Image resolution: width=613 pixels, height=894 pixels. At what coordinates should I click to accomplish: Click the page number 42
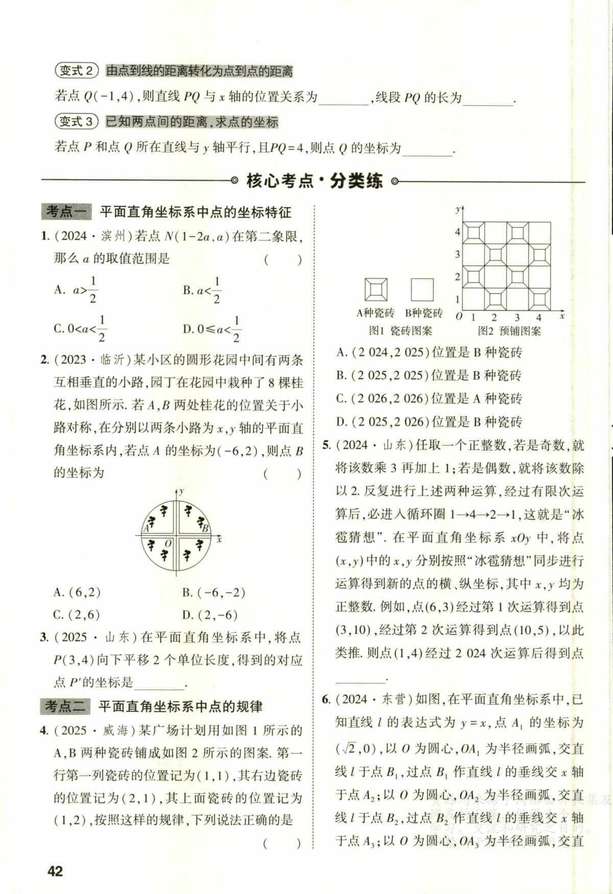click(55, 871)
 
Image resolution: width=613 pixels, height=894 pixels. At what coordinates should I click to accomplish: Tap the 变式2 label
click(77, 70)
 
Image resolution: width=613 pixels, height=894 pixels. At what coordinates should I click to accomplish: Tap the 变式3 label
click(77, 122)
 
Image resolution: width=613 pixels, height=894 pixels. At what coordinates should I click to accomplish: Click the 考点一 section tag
click(65, 211)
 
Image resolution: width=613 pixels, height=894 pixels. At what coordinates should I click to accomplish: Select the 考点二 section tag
click(65, 707)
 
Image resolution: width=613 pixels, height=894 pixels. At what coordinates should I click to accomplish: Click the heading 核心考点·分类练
click(314, 180)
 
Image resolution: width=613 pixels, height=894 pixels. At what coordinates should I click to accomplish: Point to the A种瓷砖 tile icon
click(376, 290)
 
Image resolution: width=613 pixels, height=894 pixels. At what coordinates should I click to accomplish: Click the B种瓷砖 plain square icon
click(422, 290)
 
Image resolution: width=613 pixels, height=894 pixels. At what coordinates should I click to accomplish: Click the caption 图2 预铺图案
click(509, 331)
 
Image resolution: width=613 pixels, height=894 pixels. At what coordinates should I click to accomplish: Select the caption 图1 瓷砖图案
click(400, 331)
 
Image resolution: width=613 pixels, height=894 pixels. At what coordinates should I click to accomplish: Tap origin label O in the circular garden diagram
click(168, 544)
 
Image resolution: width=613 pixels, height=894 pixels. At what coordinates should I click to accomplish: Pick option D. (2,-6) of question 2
click(210, 615)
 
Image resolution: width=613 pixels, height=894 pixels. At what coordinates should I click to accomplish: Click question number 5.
click(327, 445)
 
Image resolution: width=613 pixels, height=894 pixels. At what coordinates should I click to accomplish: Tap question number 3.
click(44, 637)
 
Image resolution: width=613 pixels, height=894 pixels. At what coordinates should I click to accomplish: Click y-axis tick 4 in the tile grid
click(458, 232)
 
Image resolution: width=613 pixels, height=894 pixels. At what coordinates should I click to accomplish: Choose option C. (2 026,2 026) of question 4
click(429, 398)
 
